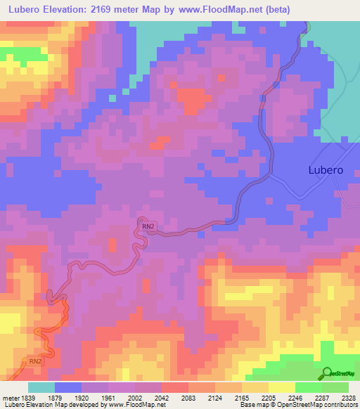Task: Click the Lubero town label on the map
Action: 326,170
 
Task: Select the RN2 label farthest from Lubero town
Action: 36,361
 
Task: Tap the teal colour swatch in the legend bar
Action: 41,388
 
